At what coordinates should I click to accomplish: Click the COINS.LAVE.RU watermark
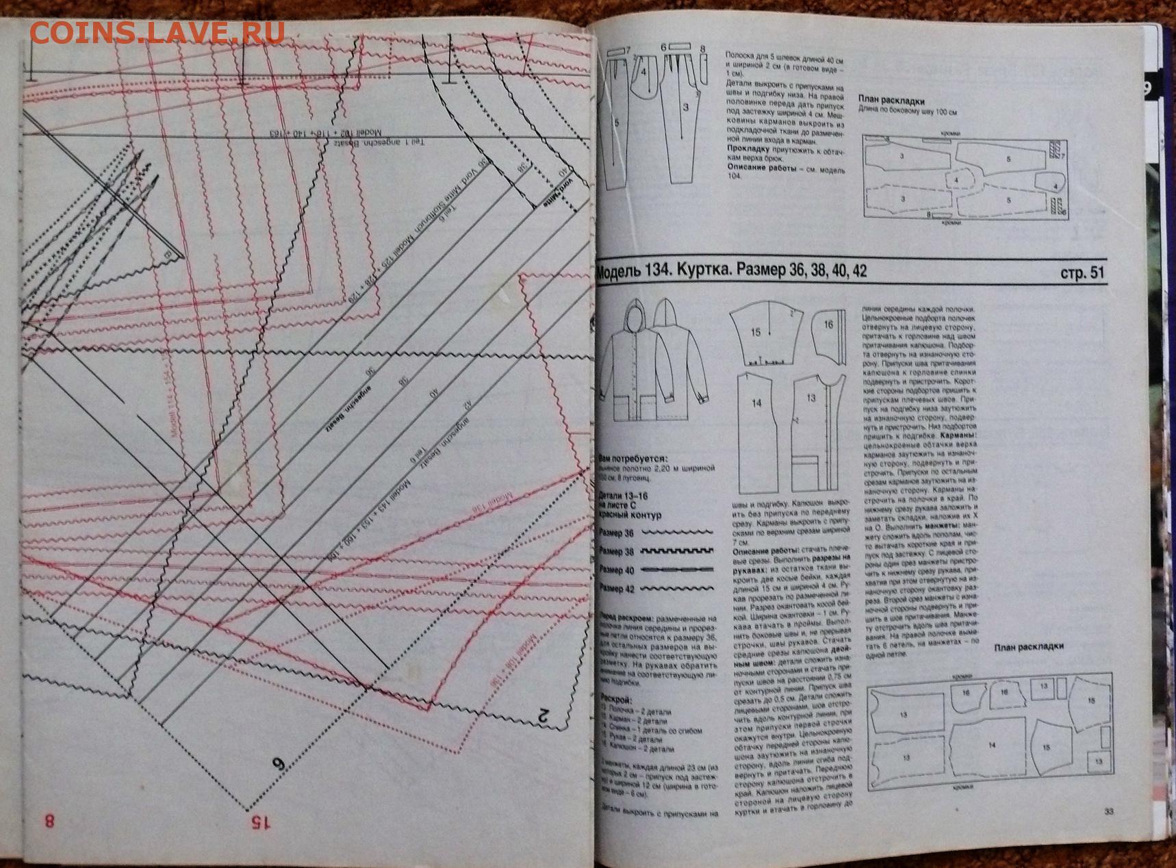click(157, 32)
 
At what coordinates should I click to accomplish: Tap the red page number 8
click(49, 820)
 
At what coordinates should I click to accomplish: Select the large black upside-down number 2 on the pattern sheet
click(543, 717)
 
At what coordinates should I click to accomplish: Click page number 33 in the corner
click(1109, 812)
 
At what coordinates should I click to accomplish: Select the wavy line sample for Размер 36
click(676, 532)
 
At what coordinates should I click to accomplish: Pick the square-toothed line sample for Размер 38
click(676, 550)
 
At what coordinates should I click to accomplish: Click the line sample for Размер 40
click(676, 570)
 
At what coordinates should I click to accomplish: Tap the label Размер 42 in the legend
click(617, 588)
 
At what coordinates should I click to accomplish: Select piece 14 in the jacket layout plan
click(990, 745)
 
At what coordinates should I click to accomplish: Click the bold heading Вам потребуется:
click(633, 459)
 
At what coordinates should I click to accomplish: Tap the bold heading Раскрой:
click(615, 700)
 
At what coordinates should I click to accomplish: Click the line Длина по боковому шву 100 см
click(908, 112)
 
